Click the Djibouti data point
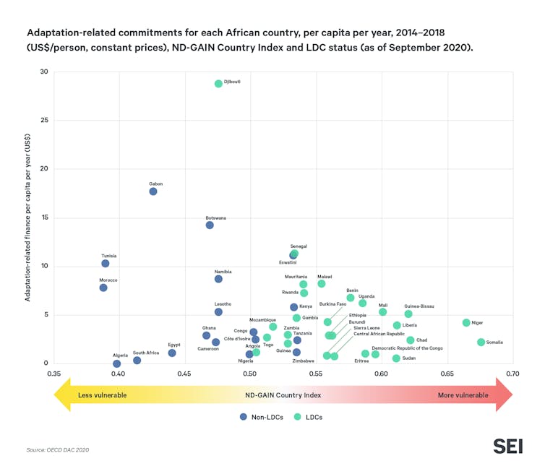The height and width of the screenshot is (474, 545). (218, 84)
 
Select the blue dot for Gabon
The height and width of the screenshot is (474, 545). (153, 191)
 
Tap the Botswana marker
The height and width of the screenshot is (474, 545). (210, 225)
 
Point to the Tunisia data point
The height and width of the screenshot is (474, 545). (106, 263)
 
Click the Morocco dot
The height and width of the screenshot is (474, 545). (103, 288)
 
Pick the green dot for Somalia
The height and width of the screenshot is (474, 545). (481, 342)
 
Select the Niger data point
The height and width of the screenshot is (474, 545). (466, 322)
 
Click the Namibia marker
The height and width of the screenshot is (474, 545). (218, 279)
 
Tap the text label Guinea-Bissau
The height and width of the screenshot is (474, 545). (419, 306)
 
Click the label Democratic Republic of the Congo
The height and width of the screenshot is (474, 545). (407, 348)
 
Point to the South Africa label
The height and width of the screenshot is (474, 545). (145, 353)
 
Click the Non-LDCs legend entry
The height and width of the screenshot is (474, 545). (262, 417)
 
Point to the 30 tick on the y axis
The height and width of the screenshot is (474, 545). (44, 72)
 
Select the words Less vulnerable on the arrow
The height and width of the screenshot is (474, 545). (102, 395)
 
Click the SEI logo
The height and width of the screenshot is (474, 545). (507, 446)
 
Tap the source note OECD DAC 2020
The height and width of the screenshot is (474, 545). (57, 449)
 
